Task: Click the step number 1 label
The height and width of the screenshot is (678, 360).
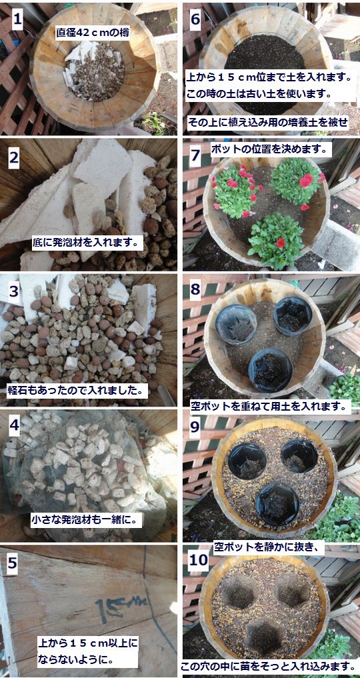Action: click(x=17, y=19)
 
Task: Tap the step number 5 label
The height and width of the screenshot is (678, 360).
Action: click(x=13, y=563)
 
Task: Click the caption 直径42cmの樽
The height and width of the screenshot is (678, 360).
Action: click(x=93, y=33)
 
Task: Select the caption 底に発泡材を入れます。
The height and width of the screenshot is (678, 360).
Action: click(x=87, y=243)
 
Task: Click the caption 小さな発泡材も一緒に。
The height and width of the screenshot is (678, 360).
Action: click(x=86, y=520)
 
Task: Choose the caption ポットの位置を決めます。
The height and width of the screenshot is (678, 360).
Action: click(x=271, y=149)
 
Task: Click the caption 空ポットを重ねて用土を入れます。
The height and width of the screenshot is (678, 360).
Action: click(x=271, y=405)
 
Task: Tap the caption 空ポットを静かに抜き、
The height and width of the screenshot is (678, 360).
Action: click(x=269, y=547)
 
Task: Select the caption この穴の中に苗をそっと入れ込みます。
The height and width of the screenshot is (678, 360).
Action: click(x=270, y=664)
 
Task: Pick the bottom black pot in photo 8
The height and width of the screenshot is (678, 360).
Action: click(x=271, y=370)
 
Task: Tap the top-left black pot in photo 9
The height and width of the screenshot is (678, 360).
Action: click(x=247, y=461)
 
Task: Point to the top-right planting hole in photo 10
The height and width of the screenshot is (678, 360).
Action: click(x=293, y=589)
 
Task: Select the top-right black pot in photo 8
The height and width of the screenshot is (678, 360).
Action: click(x=293, y=316)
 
